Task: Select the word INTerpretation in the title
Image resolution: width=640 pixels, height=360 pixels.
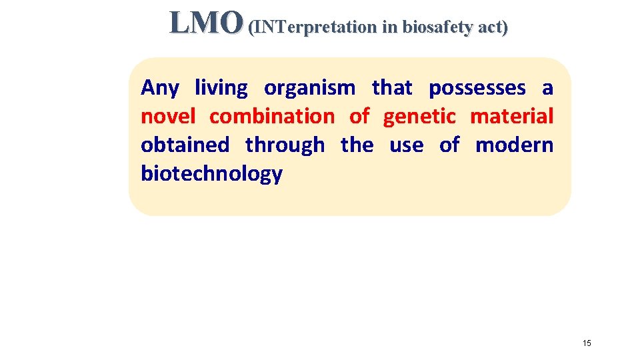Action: [x=313, y=27]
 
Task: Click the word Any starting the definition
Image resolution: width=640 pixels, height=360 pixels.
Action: [x=160, y=88]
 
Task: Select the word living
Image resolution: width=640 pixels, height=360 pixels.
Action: [x=221, y=88]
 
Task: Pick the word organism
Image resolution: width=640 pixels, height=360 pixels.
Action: [x=309, y=88]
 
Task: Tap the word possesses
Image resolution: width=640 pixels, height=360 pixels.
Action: [x=477, y=88]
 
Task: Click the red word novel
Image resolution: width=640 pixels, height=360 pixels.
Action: [x=167, y=117]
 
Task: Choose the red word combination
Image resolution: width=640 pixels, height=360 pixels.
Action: [x=271, y=117]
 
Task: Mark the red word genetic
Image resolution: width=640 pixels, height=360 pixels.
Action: [x=419, y=117]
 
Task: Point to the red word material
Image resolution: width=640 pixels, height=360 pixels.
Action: [x=511, y=117]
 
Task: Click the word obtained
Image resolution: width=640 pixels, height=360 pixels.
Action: [x=185, y=145]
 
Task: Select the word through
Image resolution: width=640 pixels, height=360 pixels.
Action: [x=285, y=145]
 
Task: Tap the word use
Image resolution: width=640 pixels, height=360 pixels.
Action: [x=406, y=145]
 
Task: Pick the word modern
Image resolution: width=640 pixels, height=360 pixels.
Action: [x=514, y=145]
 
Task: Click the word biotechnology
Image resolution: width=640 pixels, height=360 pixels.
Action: [x=211, y=174]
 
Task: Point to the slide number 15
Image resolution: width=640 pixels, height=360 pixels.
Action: [x=587, y=343]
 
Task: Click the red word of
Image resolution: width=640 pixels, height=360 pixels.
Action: [x=359, y=117]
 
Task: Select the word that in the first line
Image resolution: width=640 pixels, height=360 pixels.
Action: [x=393, y=88]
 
